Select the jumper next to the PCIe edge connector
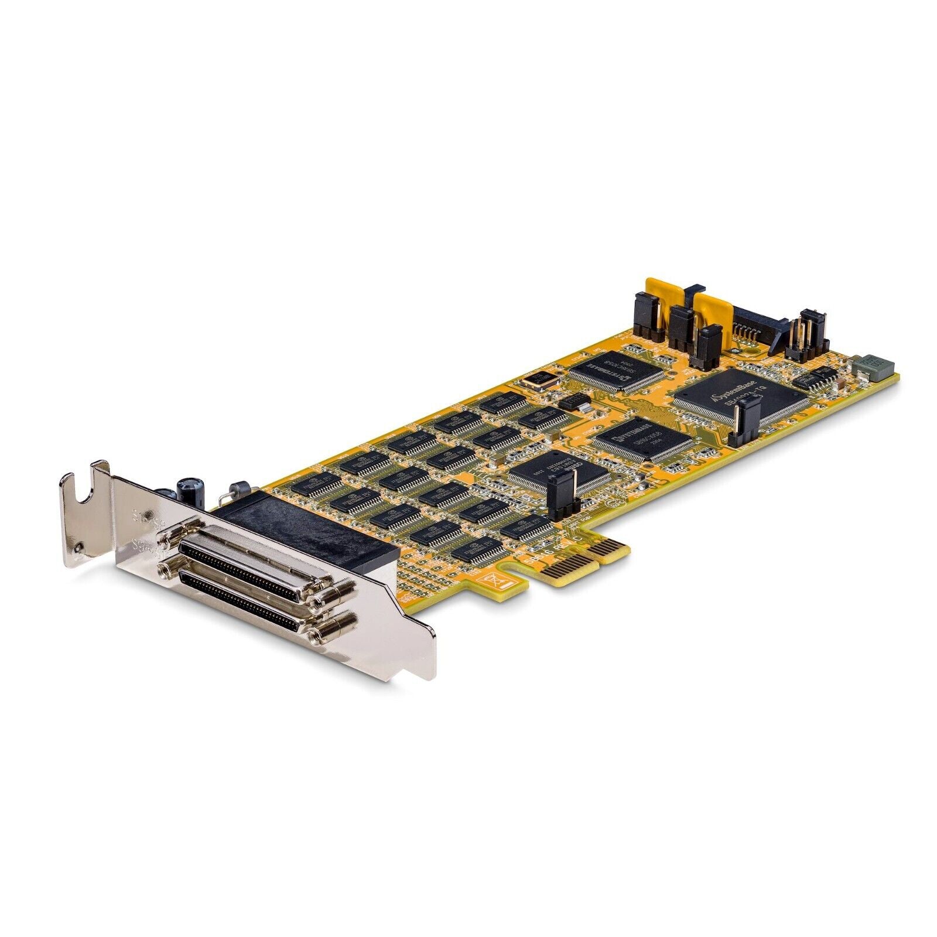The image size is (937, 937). [x=561, y=495]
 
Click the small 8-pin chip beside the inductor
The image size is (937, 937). [x=814, y=378]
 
